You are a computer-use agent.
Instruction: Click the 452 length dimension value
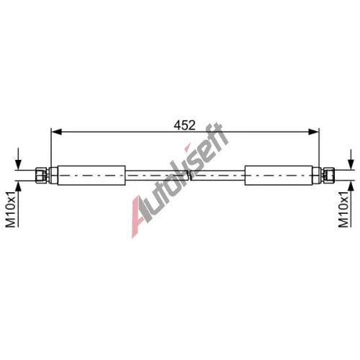(184, 125)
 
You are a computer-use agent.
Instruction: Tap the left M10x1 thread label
(11, 210)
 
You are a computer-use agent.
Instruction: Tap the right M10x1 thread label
(343, 210)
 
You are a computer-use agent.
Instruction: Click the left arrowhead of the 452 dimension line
(57, 132)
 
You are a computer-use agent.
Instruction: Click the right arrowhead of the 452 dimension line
(314, 132)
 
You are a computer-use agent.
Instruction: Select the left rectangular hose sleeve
(91, 176)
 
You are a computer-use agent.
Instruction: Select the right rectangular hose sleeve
(279, 176)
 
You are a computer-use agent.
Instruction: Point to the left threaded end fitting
(42, 176)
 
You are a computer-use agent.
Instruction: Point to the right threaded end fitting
(328, 176)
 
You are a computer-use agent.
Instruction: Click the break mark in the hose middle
(189, 176)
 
